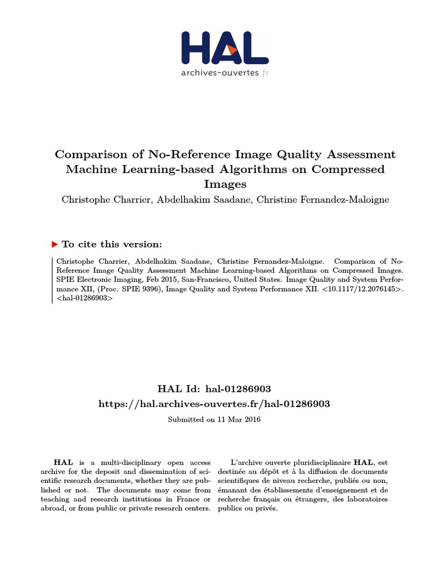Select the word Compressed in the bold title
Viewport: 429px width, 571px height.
click(351, 169)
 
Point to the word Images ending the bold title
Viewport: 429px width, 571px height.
click(215, 183)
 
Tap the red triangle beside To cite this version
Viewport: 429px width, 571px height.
click(54, 244)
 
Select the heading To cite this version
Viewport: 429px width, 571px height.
click(112, 244)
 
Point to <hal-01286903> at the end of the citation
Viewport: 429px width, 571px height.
click(84, 298)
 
